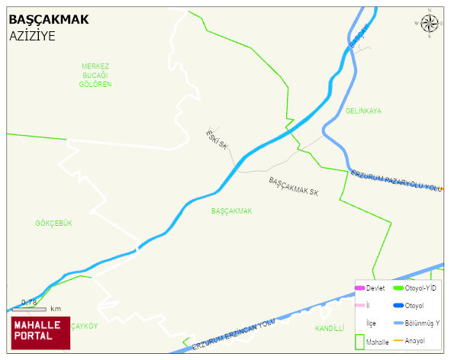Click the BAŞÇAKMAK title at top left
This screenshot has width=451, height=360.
(49, 20)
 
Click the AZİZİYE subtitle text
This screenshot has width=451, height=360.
(33, 36)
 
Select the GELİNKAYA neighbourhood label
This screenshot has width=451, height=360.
(363, 111)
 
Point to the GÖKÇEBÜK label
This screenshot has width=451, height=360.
(53, 223)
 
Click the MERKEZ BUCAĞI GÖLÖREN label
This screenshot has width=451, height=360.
(95, 75)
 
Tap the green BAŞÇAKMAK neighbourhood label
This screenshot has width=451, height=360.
(231, 211)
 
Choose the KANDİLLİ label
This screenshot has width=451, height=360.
(330, 329)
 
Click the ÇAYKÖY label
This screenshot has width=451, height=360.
(84, 326)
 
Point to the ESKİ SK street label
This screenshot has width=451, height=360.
(217, 139)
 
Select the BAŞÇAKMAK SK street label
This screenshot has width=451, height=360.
(293, 187)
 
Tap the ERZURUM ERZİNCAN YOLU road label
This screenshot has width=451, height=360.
(233, 335)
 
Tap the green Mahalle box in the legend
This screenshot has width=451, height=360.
(360, 341)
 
